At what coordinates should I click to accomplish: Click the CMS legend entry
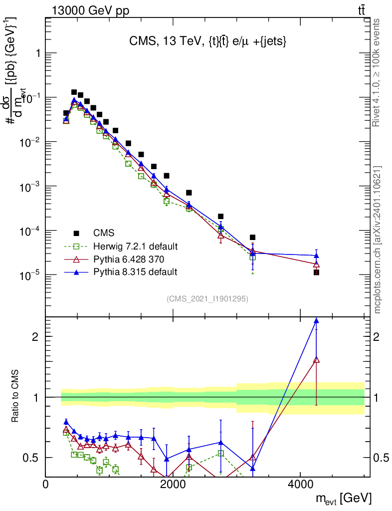(x=104, y=233)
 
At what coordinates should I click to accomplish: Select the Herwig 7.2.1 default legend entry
(x=135, y=246)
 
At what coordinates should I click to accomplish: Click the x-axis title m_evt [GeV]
(x=344, y=499)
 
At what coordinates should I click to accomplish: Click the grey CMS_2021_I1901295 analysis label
(x=207, y=299)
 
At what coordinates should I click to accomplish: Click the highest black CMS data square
(x=74, y=92)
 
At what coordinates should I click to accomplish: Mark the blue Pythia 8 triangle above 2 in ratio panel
(x=316, y=321)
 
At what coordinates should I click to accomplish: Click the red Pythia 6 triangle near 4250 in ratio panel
(x=316, y=360)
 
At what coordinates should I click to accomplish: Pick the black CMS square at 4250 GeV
(x=316, y=272)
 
